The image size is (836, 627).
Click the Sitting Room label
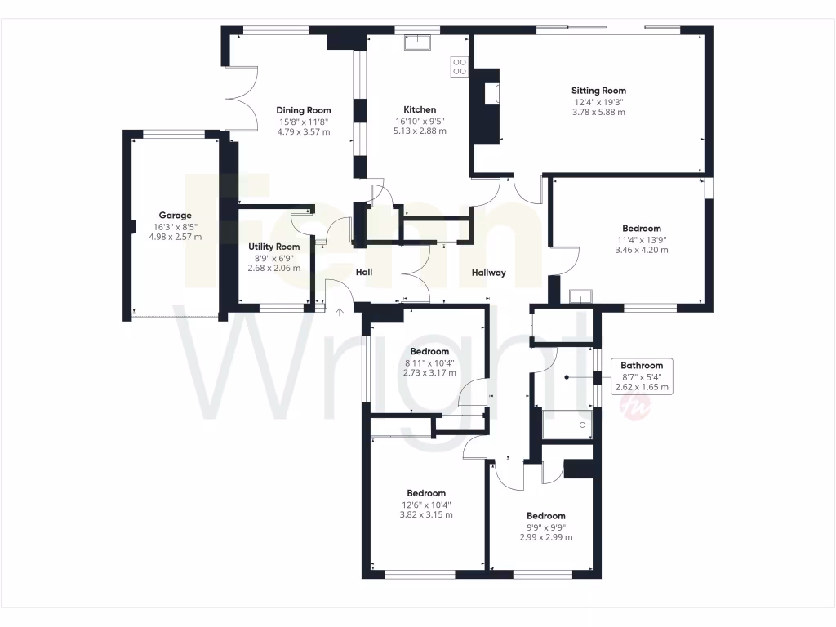point(598,91)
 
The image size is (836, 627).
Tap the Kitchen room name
point(420,109)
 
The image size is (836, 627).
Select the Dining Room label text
point(303,110)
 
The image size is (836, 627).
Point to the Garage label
point(175,216)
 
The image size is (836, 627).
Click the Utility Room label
point(273,247)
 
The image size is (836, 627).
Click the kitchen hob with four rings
point(459,66)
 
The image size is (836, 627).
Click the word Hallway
point(489,273)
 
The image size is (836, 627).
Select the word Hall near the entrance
point(364,272)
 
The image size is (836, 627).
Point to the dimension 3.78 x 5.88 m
point(598,112)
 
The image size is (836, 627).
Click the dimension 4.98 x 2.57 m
point(175,237)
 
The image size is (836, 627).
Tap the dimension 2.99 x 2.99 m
point(545,537)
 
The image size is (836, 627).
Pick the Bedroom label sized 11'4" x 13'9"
point(641,229)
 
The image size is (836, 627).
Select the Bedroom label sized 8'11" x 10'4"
point(429,351)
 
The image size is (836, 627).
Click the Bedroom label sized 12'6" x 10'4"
point(426,493)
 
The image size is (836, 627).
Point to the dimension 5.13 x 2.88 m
point(420,131)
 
